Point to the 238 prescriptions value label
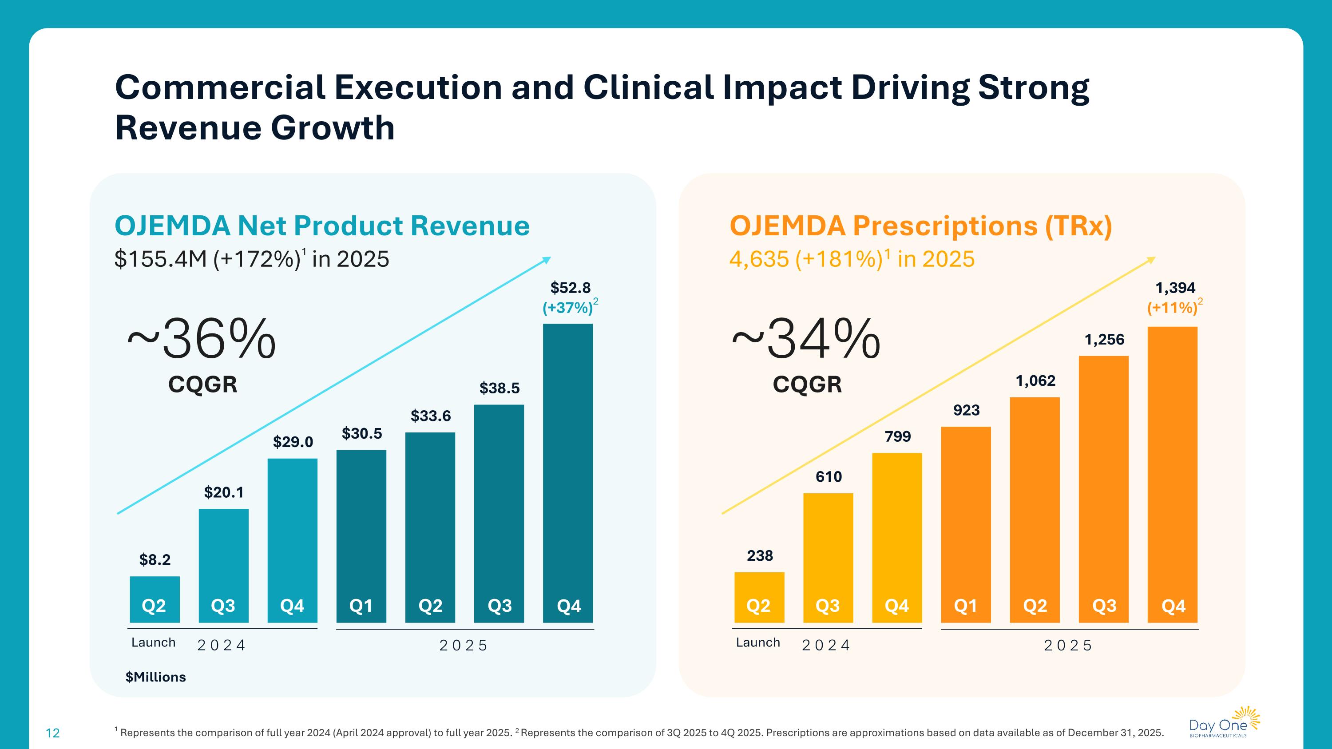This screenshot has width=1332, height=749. coord(760,556)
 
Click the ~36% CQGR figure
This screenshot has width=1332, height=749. coord(202,339)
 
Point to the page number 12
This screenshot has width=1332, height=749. coord(53,733)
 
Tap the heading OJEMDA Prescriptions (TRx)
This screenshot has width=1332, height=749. coord(920,226)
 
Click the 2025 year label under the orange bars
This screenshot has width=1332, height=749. coord(1068,645)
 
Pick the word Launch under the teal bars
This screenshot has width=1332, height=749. coord(154,642)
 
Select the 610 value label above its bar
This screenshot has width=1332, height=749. coord(829,476)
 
